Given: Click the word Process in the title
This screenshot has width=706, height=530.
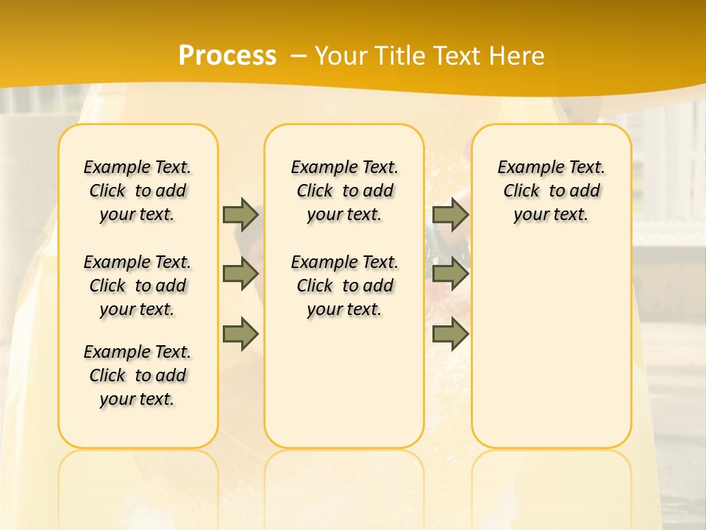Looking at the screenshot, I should click(x=227, y=56).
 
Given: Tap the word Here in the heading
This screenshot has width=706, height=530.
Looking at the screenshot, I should click(x=518, y=56).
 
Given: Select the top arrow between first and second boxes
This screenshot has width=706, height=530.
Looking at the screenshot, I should click(x=240, y=214).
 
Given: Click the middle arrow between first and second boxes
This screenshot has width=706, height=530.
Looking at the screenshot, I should click(x=240, y=275).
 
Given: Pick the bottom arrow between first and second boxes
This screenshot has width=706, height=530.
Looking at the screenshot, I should click(x=240, y=334).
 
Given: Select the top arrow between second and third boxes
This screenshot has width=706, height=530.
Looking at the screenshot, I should click(x=450, y=214).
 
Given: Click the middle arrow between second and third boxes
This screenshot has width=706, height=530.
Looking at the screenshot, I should click(x=450, y=275).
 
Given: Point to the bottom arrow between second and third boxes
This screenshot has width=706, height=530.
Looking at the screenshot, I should click(x=450, y=334).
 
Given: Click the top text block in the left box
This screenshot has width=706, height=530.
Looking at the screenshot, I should click(x=138, y=191).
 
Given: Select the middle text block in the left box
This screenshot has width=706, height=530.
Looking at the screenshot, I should click(x=138, y=286).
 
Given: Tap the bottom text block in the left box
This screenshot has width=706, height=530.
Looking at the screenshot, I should click(x=138, y=375).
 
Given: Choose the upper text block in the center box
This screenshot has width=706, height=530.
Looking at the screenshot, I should click(x=344, y=191).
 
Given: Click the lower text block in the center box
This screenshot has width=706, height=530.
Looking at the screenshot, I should click(x=344, y=286).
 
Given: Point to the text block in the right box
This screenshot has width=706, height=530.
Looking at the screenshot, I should click(x=552, y=191).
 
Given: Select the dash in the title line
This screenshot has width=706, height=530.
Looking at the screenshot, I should click(x=299, y=56).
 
